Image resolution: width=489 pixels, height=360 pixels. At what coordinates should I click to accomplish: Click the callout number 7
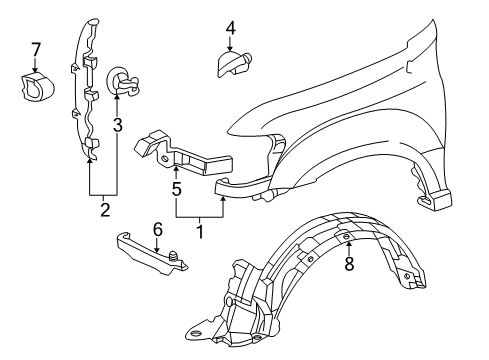[36, 48]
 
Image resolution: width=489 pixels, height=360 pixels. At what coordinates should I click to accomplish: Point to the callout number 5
[177, 186]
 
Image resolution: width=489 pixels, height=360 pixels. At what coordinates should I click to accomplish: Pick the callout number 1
[200, 232]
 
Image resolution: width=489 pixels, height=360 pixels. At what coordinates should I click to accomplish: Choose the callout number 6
[156, 229]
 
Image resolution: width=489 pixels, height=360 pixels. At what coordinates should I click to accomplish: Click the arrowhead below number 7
[36, 70]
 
